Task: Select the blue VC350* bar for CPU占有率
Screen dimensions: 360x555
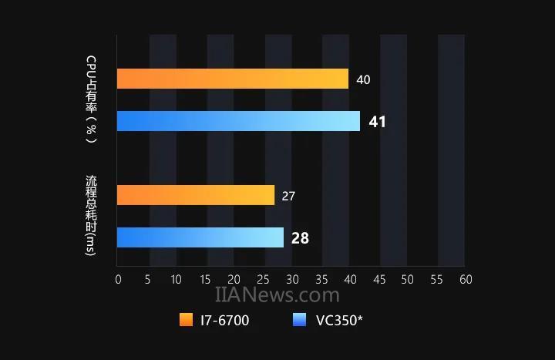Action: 238,121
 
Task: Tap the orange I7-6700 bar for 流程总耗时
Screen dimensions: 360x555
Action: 196,195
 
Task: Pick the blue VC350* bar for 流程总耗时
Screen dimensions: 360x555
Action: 200,237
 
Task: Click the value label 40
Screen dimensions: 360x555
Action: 363,79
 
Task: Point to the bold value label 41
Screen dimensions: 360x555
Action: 377,122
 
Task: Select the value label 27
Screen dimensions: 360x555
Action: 288,196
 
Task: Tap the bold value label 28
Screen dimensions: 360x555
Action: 300,238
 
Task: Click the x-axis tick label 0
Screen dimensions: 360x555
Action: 117,279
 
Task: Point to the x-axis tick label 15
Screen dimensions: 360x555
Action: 204,279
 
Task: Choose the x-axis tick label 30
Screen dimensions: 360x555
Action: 291,279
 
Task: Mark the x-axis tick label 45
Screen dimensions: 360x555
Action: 378,279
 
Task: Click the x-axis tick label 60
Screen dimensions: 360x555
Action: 465,279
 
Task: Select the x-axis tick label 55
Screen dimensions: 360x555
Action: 436,279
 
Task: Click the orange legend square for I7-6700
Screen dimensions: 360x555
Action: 186,320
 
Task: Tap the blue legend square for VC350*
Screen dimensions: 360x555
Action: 301,320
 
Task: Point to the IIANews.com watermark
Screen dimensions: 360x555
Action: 277,295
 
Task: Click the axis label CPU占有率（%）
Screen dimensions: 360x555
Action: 91,99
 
